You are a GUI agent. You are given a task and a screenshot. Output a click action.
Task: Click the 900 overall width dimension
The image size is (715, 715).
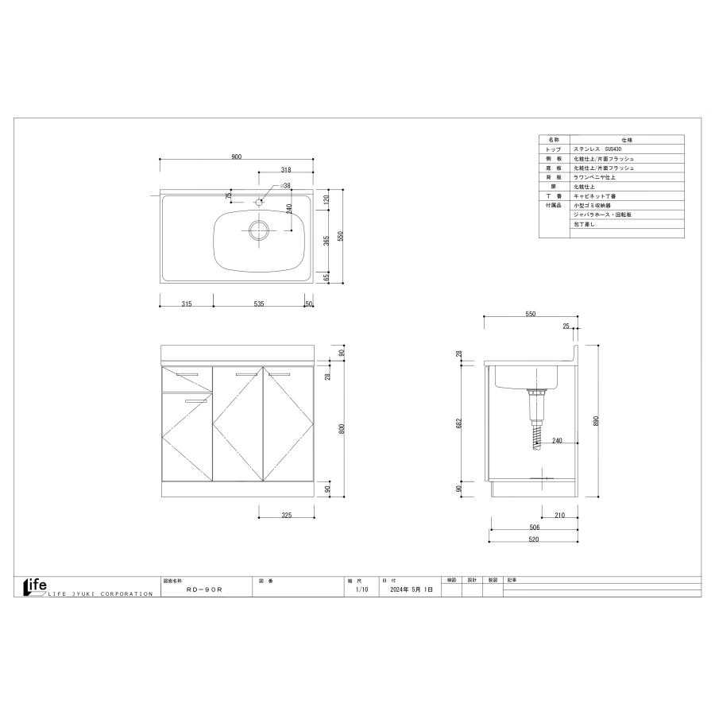[x=236, y=157]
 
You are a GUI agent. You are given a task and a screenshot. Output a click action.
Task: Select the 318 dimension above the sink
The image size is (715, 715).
[x=286, y=169]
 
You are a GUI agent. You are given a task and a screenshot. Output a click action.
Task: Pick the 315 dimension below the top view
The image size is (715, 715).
[x=186, y=303]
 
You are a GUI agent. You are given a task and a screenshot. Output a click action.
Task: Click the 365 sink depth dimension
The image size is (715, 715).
[x=327, y=241]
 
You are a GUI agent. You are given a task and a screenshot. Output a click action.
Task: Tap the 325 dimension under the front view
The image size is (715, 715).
[x=286, y=516]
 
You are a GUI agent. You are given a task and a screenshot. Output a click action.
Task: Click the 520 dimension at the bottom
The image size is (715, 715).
[x=533, y=539]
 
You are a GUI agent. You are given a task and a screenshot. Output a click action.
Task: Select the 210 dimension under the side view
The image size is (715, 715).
[x=559, y=516]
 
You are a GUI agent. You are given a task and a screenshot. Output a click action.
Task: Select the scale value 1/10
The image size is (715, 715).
[x=361, y=590]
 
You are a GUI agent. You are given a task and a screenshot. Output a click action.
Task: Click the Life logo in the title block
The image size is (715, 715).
[x=37, y=586]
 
